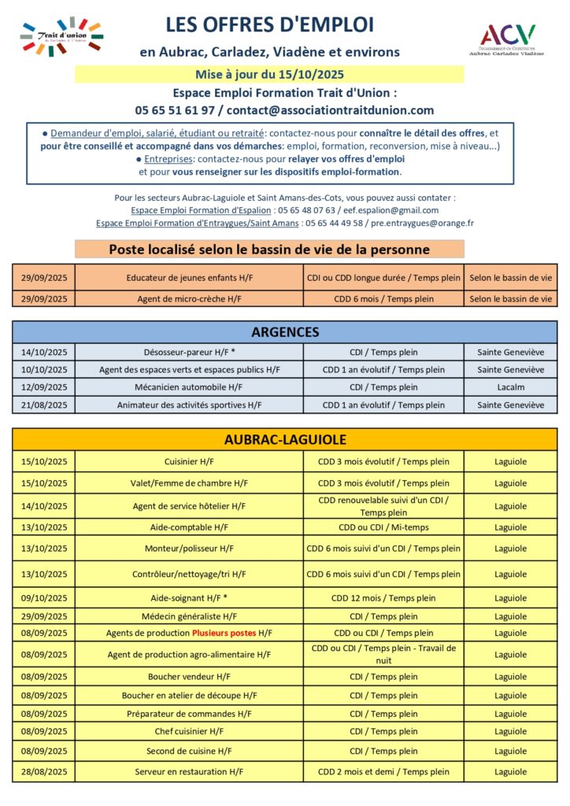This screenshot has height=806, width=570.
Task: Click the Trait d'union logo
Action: pos(61,36)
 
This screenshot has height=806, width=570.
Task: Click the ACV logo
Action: pos(508,39)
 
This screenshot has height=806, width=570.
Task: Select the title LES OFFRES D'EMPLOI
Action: pos(270,25)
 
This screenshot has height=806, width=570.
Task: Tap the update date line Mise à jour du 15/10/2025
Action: pos(269,76)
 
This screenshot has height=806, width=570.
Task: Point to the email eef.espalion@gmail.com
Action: pos(398,210)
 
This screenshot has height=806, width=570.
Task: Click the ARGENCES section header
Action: pos(284,331)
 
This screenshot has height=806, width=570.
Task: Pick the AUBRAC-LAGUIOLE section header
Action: pos(284,439)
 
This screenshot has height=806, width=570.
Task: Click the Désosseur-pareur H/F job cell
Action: pos(189,353)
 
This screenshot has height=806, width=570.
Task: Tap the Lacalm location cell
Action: pos(510,387)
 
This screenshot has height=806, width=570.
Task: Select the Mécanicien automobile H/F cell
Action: pos(189,387)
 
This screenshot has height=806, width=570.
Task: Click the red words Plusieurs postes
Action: pos(224,633)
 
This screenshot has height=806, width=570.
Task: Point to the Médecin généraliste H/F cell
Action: pos(189,616)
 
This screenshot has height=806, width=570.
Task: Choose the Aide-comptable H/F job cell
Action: pos(189,527)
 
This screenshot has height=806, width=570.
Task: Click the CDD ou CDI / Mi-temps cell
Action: pos(383,527)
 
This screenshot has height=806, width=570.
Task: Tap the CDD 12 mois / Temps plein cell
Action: pos(383,598)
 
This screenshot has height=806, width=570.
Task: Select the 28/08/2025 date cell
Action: pos(44,772)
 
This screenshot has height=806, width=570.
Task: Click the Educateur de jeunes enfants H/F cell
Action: pos(189,278)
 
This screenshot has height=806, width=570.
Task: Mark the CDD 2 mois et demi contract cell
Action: pos(383,772)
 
